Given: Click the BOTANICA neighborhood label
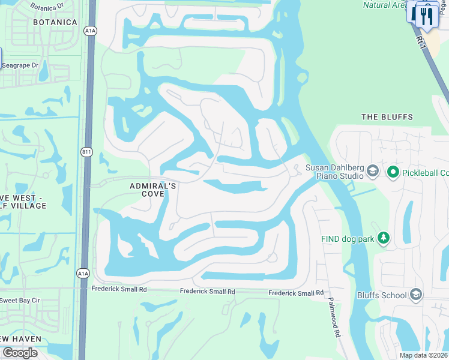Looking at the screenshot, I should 56,22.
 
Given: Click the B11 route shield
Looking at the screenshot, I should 87,152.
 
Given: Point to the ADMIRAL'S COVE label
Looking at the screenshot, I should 153,190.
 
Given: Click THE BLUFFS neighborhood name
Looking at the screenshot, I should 387,117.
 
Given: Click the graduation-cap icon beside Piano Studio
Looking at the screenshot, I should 372,172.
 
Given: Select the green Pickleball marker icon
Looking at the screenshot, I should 393,173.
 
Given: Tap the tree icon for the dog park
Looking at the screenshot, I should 383,239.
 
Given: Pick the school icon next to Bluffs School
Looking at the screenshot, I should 415,295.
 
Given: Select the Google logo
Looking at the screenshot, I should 20,353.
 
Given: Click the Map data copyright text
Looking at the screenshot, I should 423,355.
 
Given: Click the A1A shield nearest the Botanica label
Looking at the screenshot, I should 91,32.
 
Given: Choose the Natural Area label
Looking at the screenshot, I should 385,5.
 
